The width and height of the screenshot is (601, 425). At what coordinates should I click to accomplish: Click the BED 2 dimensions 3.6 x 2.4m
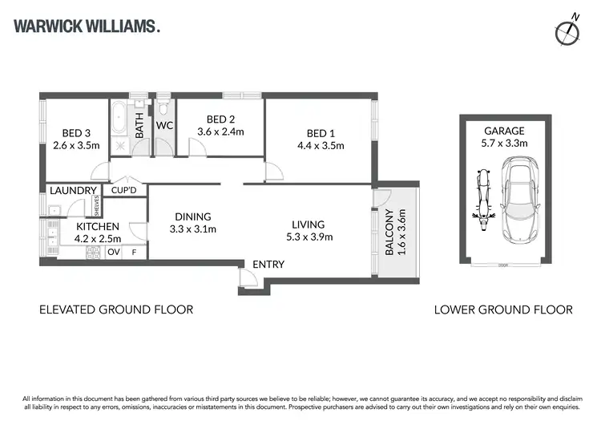pyautogui.click(x=220, y=132)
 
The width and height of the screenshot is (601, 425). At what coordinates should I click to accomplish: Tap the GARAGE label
pyautogui.click(x=504, y=132)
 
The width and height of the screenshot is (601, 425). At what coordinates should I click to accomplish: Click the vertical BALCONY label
pyautogui.click(x=390, y=233)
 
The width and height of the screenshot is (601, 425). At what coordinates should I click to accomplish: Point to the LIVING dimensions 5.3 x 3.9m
pyautogui.click(x=308, y=237)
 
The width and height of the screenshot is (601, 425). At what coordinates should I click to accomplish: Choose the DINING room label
pyautogui.click(x=192, y=217)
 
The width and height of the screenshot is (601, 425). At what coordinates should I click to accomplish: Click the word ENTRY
pyautogui.click(x=268, y=265)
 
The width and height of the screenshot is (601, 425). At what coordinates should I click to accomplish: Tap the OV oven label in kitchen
pyautogui.click(x=113, y=252)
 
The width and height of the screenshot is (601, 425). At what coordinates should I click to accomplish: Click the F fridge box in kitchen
pyautogui.click(x=134, y=252)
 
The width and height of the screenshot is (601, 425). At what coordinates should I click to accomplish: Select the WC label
pyautogui.click(x=164, y=126)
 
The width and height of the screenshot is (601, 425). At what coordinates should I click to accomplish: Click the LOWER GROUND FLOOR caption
pyautogui.click(x=503, y=310)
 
